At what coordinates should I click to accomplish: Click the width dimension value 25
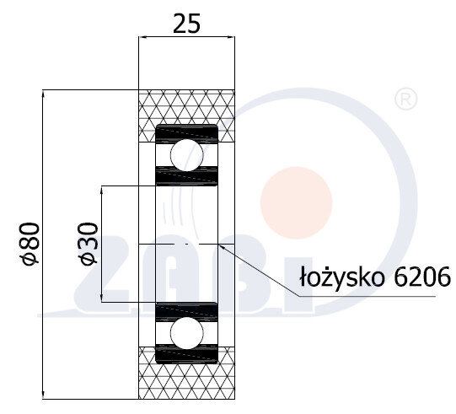click(x=186, y=24)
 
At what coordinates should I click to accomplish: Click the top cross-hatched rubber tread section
click(x=186, y=107)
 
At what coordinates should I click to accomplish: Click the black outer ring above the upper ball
click(x=186, y=132)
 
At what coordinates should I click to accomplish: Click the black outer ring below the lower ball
click(x=186, y=352)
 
